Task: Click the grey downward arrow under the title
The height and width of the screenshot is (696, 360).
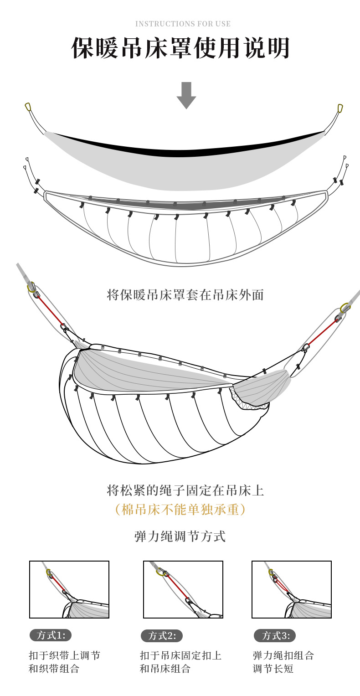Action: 186,95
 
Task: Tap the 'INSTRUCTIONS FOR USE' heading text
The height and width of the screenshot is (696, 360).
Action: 183,24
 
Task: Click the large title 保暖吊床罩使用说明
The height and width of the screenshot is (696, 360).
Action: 180,48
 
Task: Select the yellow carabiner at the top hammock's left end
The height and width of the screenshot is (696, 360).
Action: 28,107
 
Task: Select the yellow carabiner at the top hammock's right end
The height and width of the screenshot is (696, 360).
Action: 340,109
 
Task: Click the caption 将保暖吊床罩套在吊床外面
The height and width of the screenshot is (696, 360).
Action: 185,295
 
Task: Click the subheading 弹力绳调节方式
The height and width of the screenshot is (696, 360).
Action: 180,536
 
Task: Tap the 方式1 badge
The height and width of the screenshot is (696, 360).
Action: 51,635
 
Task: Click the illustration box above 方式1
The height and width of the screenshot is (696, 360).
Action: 69,589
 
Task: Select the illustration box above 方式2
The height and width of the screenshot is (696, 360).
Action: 183,589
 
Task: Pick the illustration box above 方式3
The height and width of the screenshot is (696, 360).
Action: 292,589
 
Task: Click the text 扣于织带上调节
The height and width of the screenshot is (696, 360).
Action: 65,655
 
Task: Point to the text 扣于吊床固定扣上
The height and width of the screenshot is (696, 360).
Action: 181,655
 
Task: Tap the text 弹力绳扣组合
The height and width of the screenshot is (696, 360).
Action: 283,655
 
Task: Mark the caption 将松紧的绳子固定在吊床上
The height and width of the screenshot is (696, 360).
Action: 185,490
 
